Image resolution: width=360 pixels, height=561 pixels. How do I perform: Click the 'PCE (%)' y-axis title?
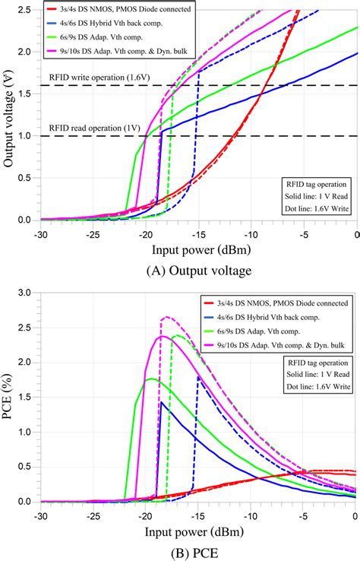click(10, 396)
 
